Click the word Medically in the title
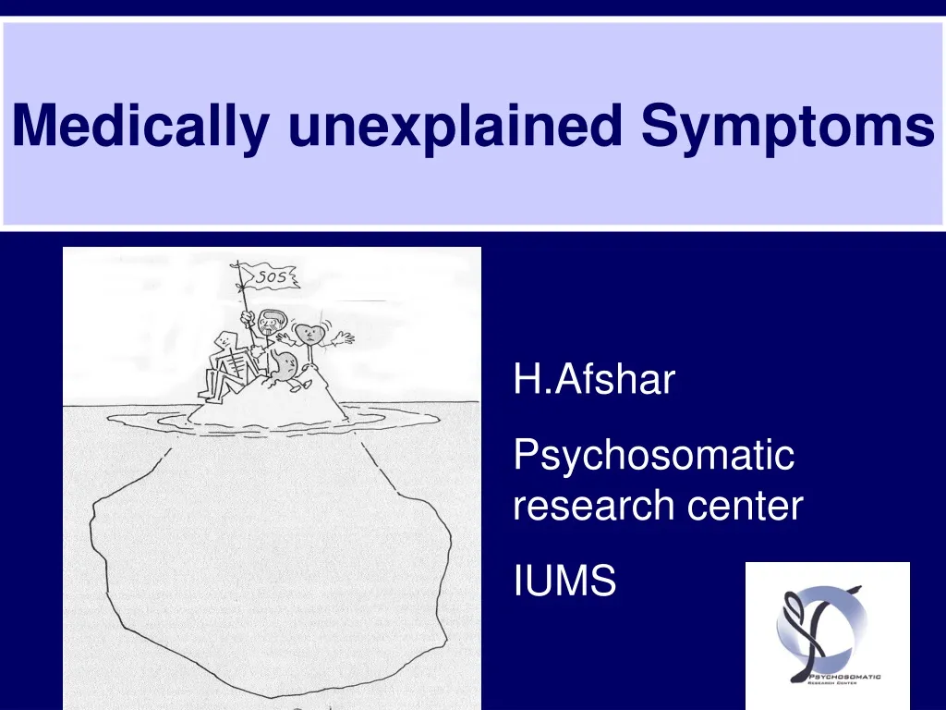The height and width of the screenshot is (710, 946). tap(140, 127)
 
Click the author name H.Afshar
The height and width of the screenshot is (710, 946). tap(594, 379)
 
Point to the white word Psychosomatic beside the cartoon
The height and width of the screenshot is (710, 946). tap(654, 455)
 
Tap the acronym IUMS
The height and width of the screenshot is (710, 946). tap(564, 581)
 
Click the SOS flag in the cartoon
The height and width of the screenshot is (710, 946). tap(270, 277)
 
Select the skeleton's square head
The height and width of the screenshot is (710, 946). tap(225, 340)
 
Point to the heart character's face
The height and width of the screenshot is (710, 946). tap(309, 334)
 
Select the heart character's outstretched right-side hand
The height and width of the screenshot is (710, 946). tap(344, 338)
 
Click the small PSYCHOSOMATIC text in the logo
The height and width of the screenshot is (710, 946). tap(844, 677)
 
